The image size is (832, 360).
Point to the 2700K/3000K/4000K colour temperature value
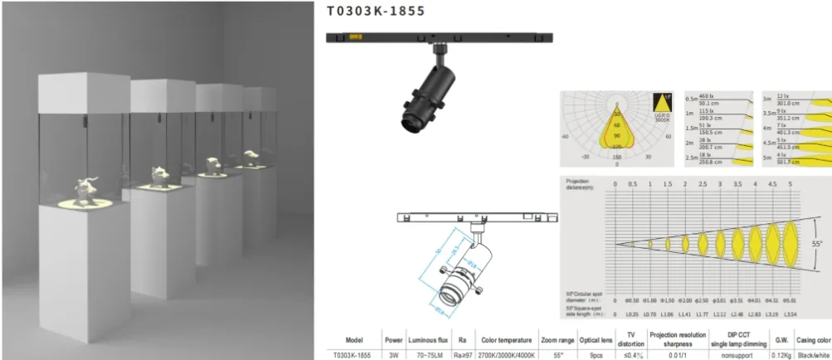click(x=509, y=353)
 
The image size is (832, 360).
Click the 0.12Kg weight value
click(x=781, y=353)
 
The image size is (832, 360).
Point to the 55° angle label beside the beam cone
click(x=817, y=244)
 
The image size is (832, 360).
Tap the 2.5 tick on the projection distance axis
click(x=703, y=183)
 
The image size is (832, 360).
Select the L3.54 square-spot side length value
click(x=791, y=314)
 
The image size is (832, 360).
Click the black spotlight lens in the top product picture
click(x=409, y=124)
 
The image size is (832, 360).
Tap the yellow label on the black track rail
click(x=357, y=36)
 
